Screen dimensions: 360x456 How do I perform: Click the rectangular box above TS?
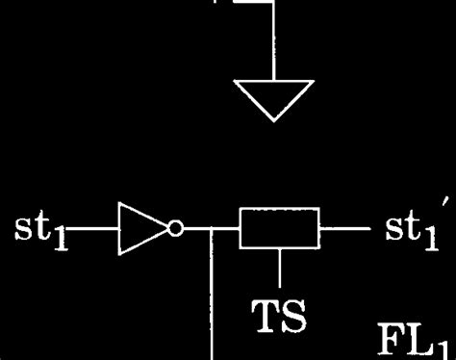point(280,231)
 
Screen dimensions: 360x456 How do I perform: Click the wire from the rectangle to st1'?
point(342,231)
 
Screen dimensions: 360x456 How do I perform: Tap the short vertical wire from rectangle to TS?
point(280,270)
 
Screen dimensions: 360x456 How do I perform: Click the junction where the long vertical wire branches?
point(210,231)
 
